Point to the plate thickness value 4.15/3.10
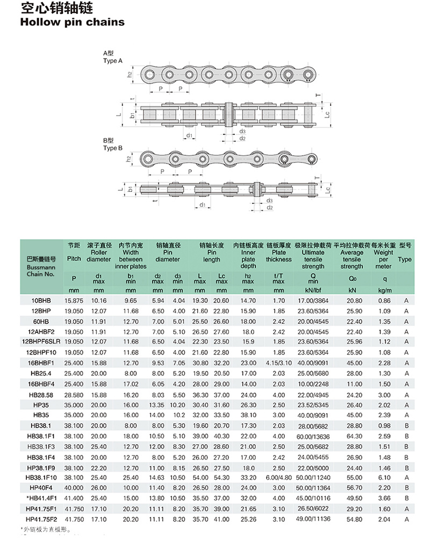coord(278,363)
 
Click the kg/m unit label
coord(384,290)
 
